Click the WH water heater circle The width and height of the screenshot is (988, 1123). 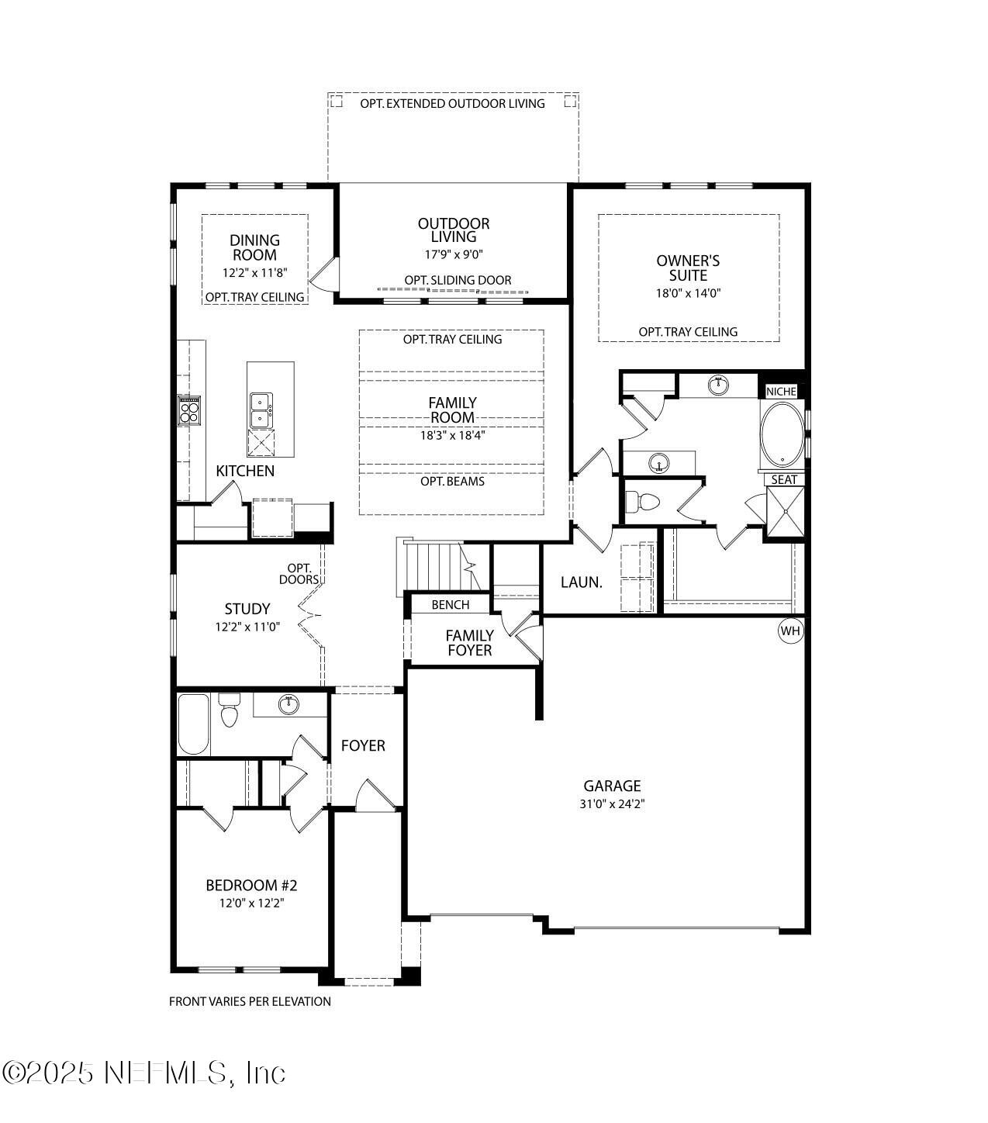pyautogui.click(x=790, y=631)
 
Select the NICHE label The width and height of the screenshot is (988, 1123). pyautogui.click(x=781, y=392)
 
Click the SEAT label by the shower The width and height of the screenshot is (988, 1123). pyautogui.click(x=784, y=479)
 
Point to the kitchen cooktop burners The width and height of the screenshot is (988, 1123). pyautogui.click(x=189, y=411)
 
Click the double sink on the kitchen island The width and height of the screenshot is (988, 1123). pyautogui.click(x=261, y=410)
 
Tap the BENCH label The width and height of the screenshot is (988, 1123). pyautogui.click(x=451, y=605)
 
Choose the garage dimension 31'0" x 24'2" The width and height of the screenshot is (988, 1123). pyautogui.click(x=612, y=803)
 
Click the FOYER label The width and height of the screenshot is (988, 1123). pyautogui.click(x=363, y=745)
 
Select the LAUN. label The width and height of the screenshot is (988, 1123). pyautogui.click(x=581, y=582)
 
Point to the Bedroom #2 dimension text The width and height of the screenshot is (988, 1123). pyautogui.click(x=252, y=903)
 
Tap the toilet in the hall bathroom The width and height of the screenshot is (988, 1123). pyautogui.click(x=229, y=710)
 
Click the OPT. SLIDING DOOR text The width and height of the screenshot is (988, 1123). pyautogui.click(x=458, y=280)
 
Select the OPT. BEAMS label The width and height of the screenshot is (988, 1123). pyautogui.click(x=452, y=481)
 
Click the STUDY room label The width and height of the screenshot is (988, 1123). pyautogui.click(x=247, y=609)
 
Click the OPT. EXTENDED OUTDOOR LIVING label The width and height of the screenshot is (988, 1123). pyautogui.click(x=452, y=103)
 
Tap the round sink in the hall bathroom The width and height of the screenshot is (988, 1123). pyautogui.click(x=288, y=704)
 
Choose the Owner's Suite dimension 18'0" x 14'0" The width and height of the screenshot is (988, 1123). pyautogui.click(x=688, y=293)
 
